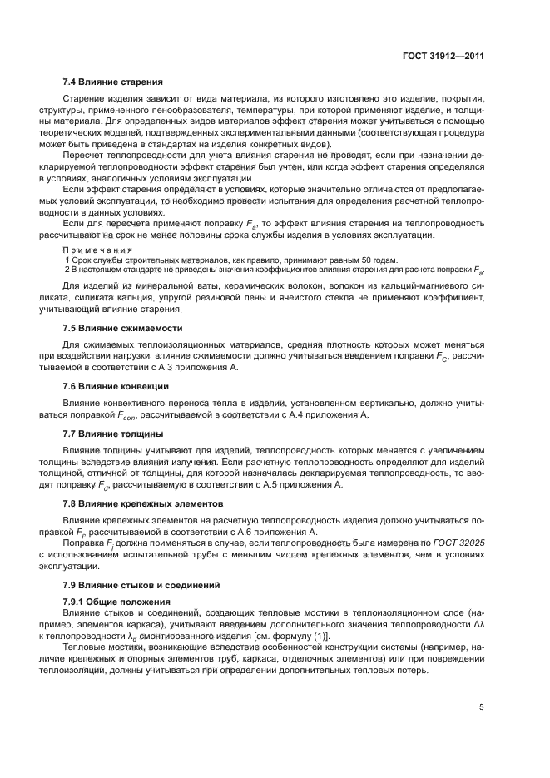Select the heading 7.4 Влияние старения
(112, 82)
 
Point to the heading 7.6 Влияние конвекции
(116, 385)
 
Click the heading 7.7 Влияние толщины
(112, 433)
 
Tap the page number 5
(482, 707)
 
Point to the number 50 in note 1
(360, 260)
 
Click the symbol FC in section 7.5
(442, 355)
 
